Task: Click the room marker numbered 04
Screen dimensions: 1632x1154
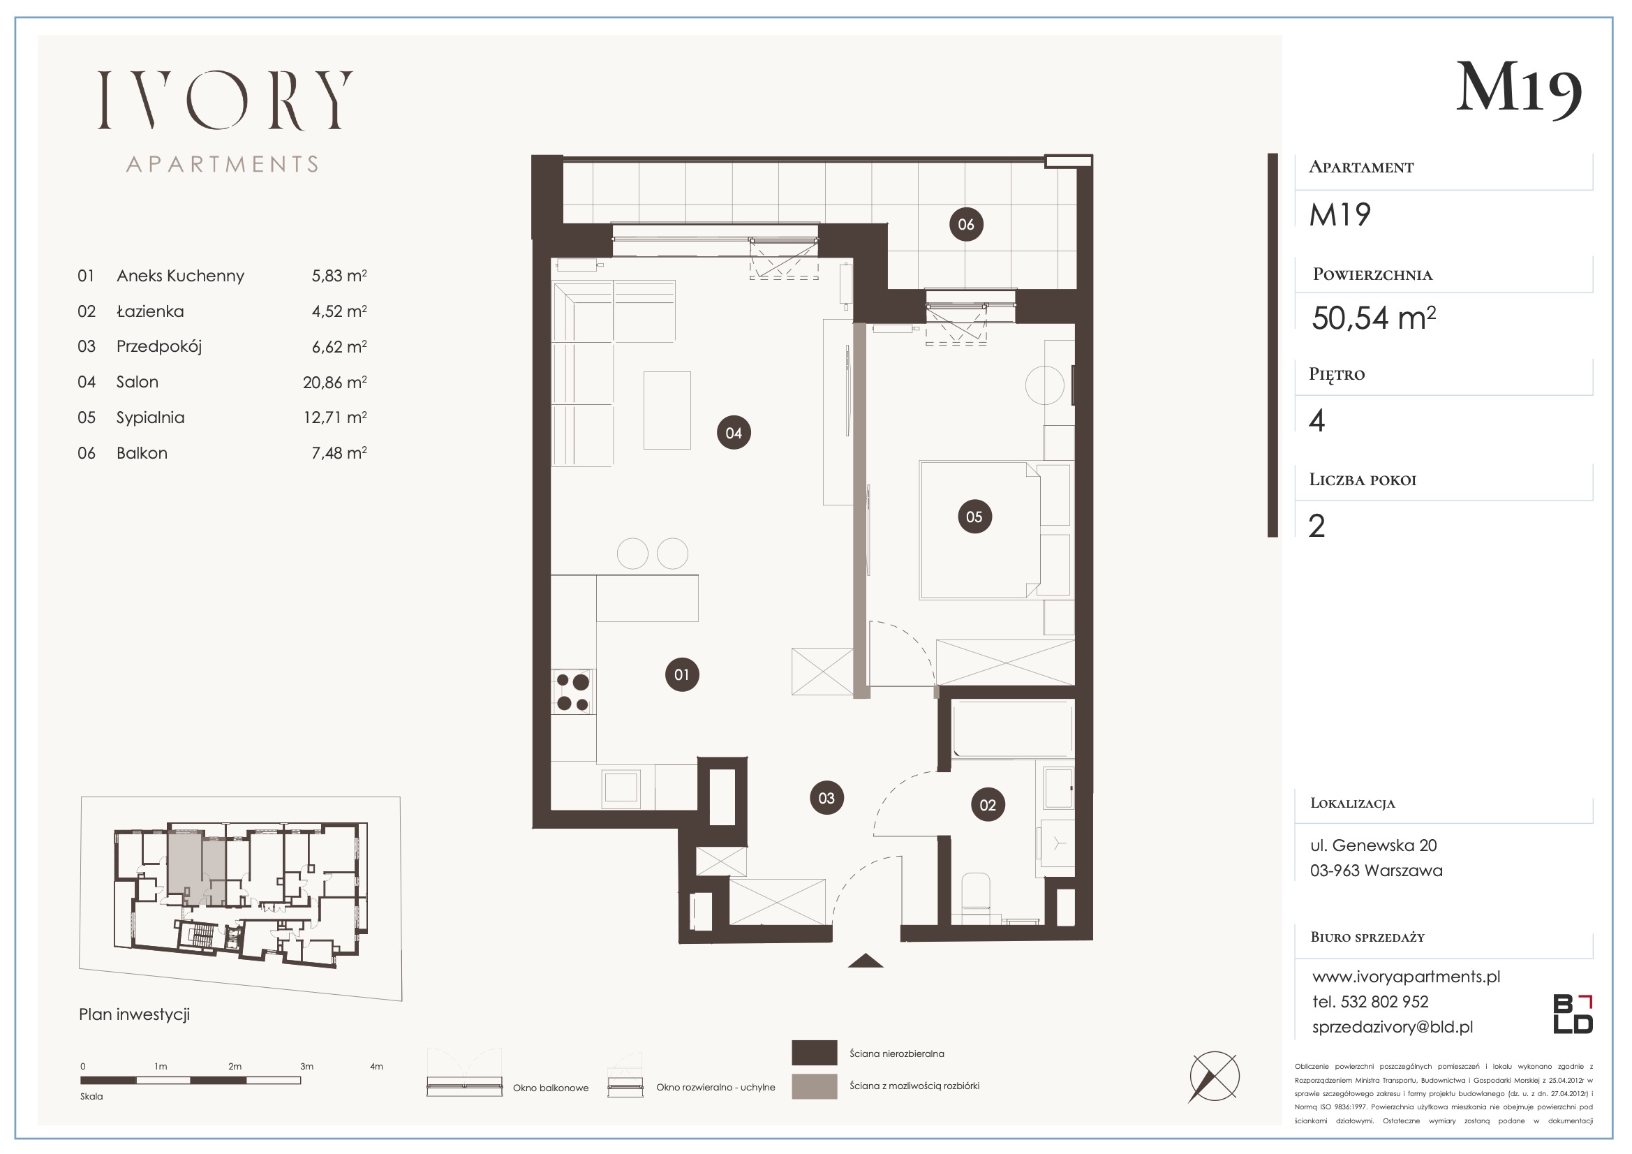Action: (734, 433)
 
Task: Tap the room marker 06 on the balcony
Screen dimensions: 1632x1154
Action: (966, 225)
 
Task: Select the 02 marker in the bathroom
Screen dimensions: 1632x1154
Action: (988, 805)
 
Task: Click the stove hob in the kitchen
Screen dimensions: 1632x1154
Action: (573, 693)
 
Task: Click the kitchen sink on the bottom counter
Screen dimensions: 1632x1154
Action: (621, 787)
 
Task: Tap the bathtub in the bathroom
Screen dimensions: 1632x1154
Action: (1012, 730)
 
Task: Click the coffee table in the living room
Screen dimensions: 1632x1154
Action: (667, 410)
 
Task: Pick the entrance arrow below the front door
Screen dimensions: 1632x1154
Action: (866, 961)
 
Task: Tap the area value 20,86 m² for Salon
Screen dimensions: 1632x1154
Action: (335, 383)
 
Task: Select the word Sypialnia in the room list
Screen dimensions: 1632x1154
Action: (151, 418)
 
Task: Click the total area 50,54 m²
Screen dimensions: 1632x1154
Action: (1373, 318)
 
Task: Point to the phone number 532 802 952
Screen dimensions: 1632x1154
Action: (1385, 1002)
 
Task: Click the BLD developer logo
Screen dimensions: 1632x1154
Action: (1573, 1014)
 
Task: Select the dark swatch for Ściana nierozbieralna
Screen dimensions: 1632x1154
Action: (814, 1053)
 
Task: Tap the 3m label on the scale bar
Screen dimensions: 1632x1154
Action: (306, 1067)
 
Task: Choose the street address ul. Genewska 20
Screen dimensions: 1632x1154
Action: (1373, 845)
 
